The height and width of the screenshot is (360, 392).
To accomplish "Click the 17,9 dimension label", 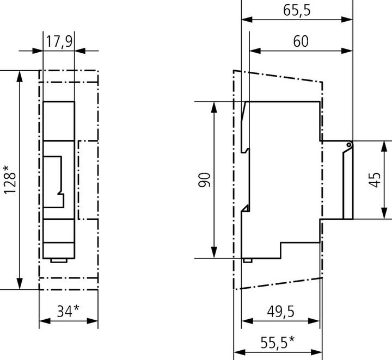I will [x=58, y=42].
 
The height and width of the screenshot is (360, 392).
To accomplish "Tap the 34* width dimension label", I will [x=68, y=311].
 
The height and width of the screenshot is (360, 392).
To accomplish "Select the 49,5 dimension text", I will [x=280, y=311].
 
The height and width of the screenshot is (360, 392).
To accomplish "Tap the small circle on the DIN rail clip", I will [x=348, y=145].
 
